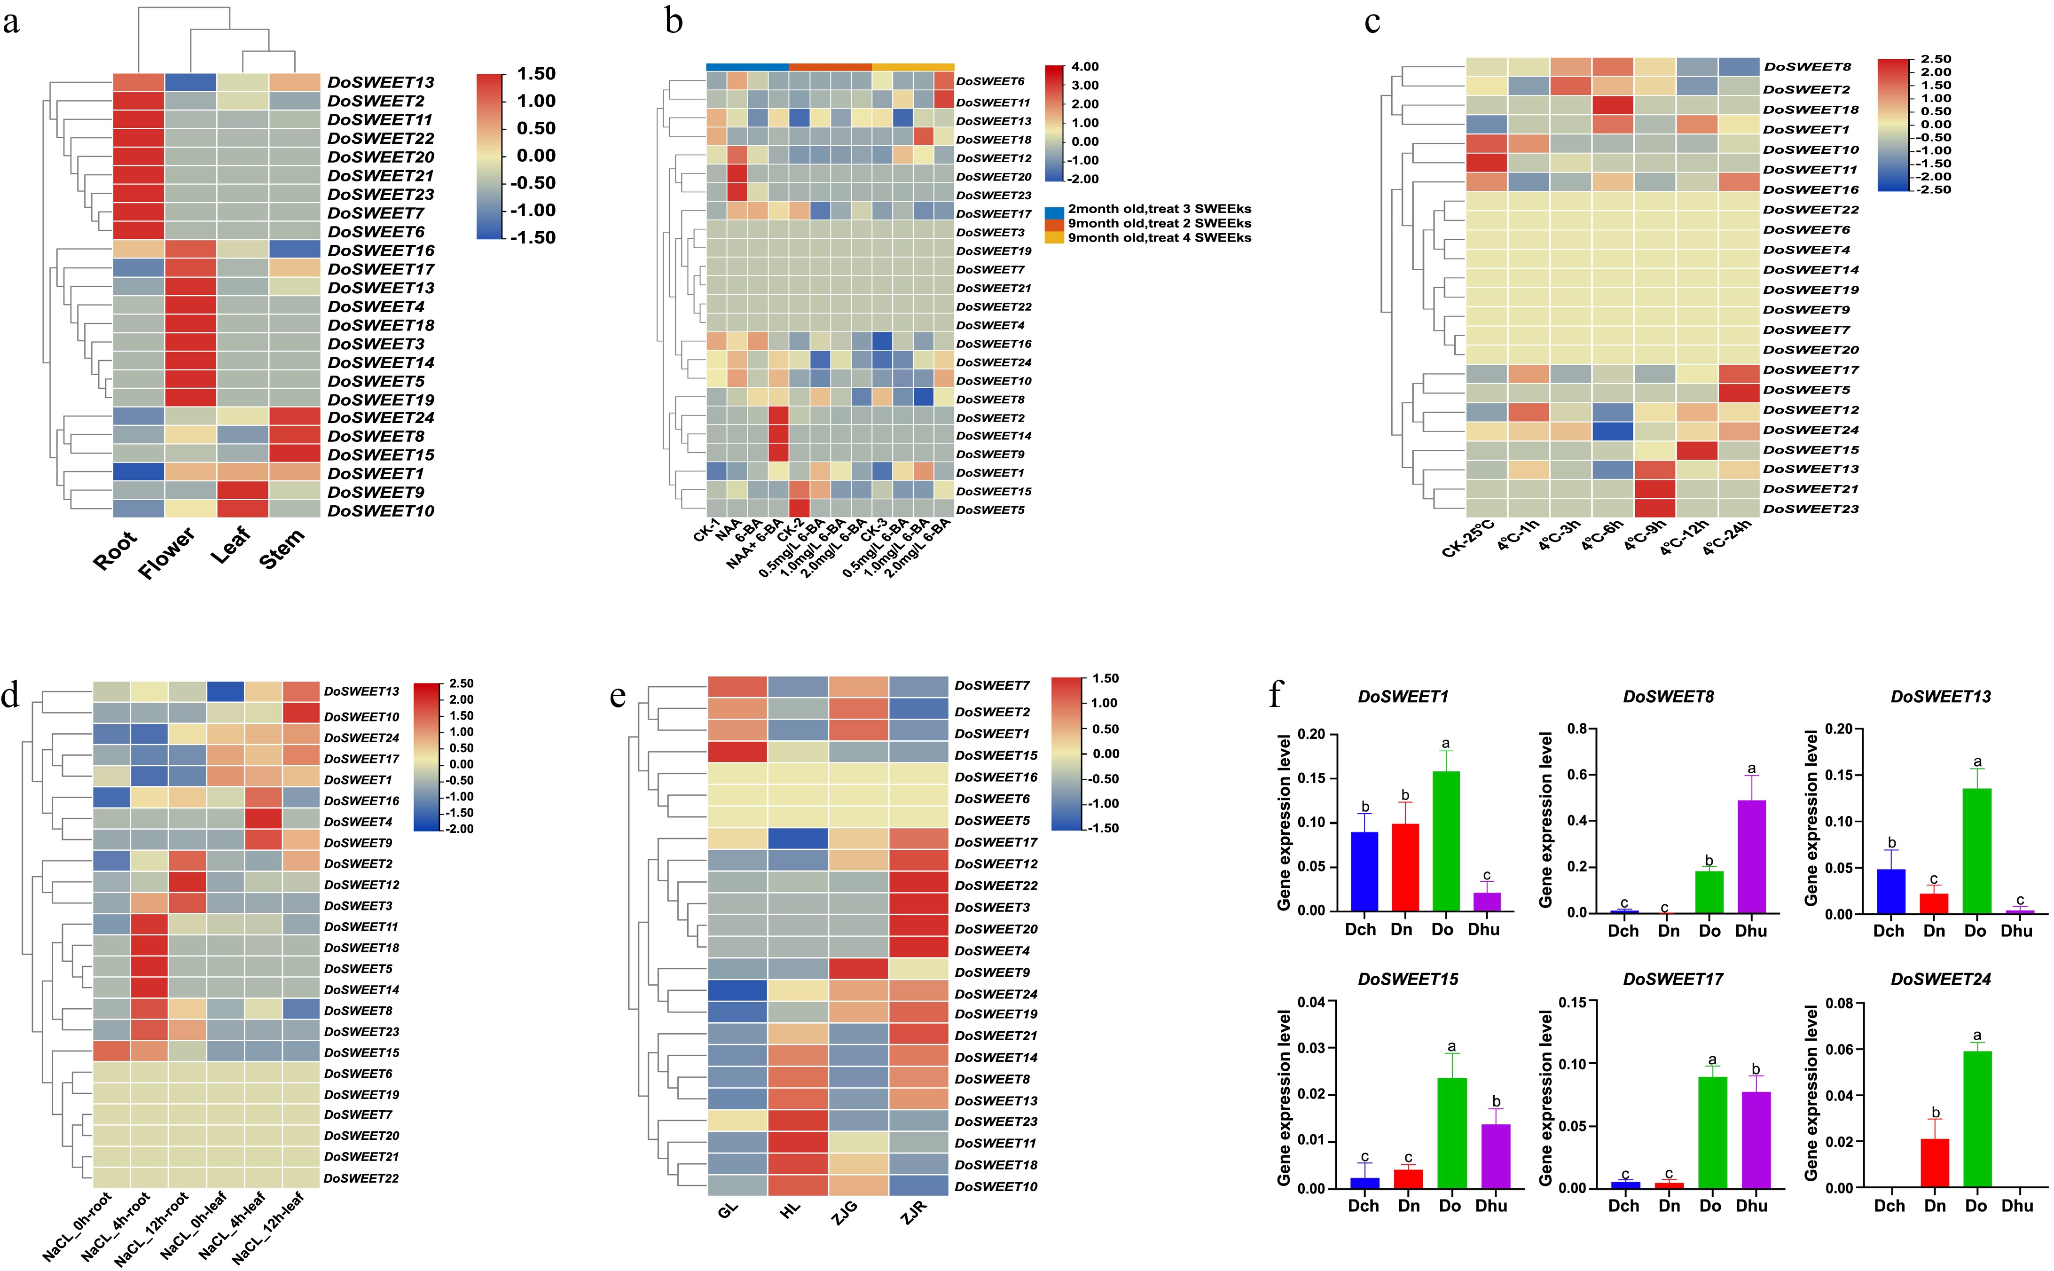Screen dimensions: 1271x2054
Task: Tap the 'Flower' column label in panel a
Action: coord(167,553)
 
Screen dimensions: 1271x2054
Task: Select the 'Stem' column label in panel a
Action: coord(282,550)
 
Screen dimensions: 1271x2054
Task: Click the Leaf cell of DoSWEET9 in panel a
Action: coord(243,492)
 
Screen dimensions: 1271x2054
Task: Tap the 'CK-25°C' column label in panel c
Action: coord(1468,539)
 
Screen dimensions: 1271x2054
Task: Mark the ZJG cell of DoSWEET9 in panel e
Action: coord(858,972)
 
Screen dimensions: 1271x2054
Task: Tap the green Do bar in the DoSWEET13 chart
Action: coord(1976,851)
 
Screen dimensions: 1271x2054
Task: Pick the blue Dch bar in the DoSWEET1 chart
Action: coord(1364,871)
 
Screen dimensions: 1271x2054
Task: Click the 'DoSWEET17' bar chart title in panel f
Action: coord(1672,979)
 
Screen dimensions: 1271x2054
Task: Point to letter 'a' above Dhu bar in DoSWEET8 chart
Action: coord(1751,769)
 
